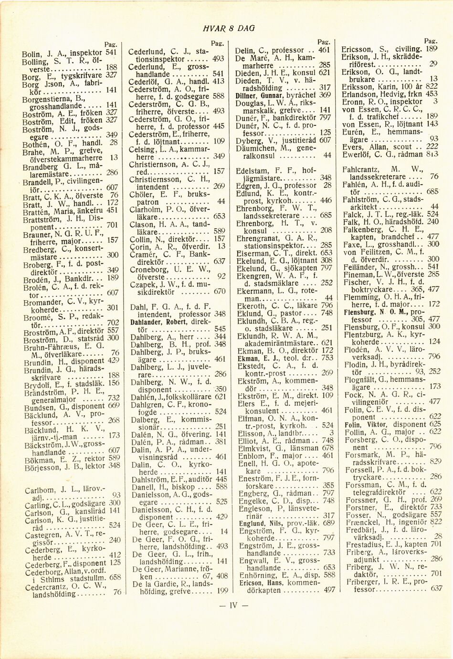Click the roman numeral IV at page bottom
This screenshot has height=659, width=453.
point(233,606)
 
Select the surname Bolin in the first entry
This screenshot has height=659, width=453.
point(32,54)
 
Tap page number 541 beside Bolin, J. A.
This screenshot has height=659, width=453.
point(111,52)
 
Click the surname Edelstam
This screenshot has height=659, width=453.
point(253,170)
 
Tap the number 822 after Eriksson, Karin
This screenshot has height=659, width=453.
point(432,86)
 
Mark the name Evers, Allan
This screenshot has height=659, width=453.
point(363,147)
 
